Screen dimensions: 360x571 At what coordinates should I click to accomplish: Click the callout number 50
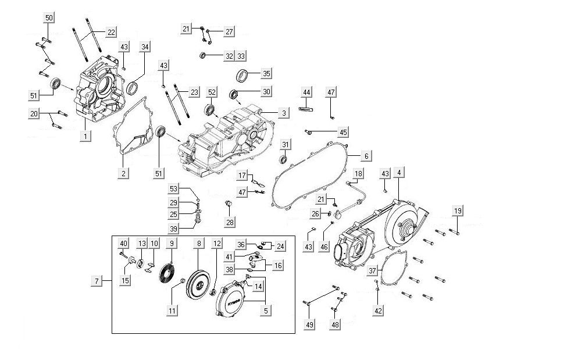point(49,18)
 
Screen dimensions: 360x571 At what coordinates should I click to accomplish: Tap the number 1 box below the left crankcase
point(85,137)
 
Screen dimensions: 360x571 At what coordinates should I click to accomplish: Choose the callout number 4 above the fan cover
point(398,173)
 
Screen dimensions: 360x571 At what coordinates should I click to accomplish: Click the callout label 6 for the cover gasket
point(366,156)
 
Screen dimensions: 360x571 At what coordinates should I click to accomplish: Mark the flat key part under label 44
point(306,108)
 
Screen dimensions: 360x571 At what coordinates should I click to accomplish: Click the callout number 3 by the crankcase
point(283,112)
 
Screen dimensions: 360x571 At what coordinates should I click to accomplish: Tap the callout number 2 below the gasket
point(123,173)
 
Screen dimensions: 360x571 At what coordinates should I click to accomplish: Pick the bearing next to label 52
point(209,109)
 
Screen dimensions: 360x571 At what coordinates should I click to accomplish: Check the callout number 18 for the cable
point(358,174)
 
